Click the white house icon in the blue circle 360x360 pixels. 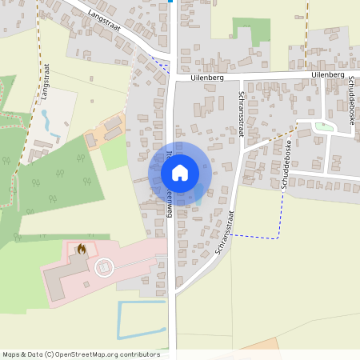coord(179,173)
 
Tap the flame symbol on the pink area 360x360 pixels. coord(81,249)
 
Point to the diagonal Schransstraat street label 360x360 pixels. coord(223,233)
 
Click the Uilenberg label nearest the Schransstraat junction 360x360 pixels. coord(206,79)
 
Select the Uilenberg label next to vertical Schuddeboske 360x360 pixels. coord(329,74)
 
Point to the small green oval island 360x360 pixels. coord(324,126)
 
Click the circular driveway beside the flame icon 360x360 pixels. coord(102,267)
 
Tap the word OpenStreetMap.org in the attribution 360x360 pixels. coord(86,354)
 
